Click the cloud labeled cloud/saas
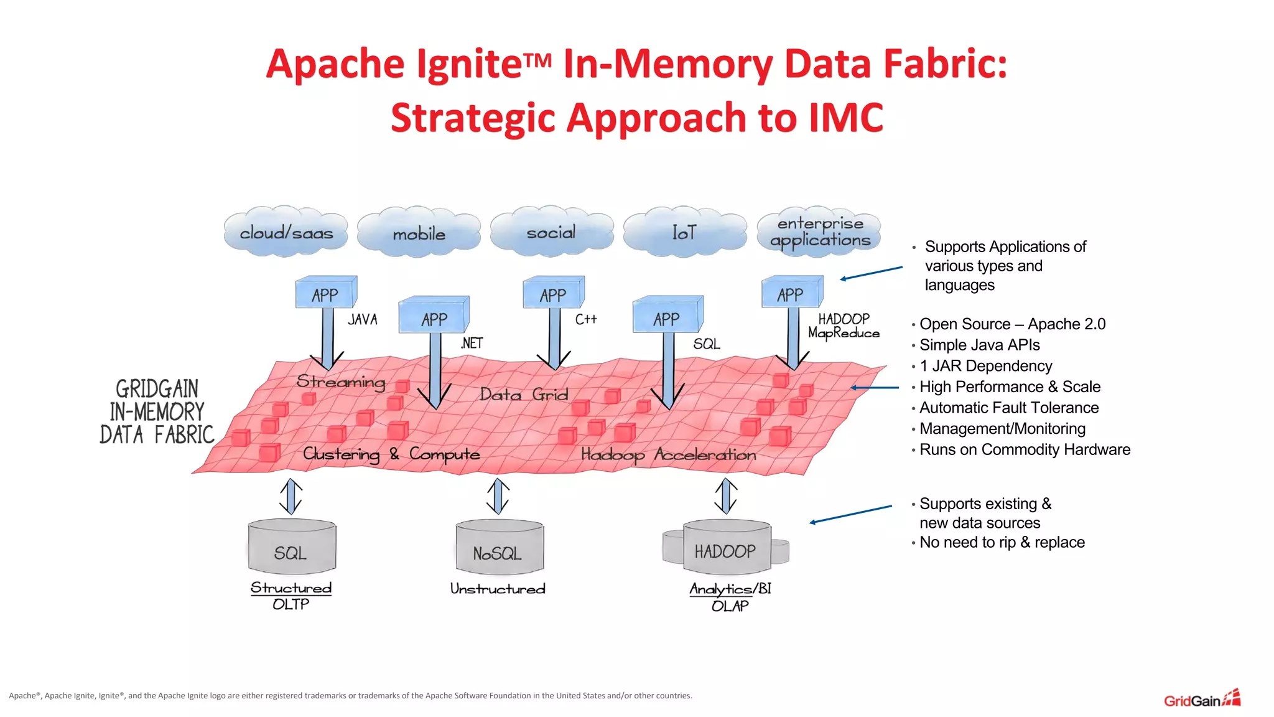(x=286, y=232)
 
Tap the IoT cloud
(x=684, y=232)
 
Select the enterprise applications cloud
(x=819, y=232)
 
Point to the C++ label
(x=585, y=319)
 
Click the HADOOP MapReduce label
(x=844, y=326)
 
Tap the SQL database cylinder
(x=292, y=548)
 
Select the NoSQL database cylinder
(x=499, y=548)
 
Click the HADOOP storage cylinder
(x=726, y=548)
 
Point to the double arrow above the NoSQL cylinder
(x=498, y=496)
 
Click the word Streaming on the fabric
(x=341, y=381)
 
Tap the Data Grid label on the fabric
(x=524, y=395)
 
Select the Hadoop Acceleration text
(x=669, y=455)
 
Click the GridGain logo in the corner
(x=1202, y=700)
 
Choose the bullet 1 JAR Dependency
(x=985, y=366)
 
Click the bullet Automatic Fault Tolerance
(x=1008, y=408)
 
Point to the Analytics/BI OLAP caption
(x=730, y=597)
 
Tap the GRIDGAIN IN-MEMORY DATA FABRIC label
(x=157, y=412)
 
